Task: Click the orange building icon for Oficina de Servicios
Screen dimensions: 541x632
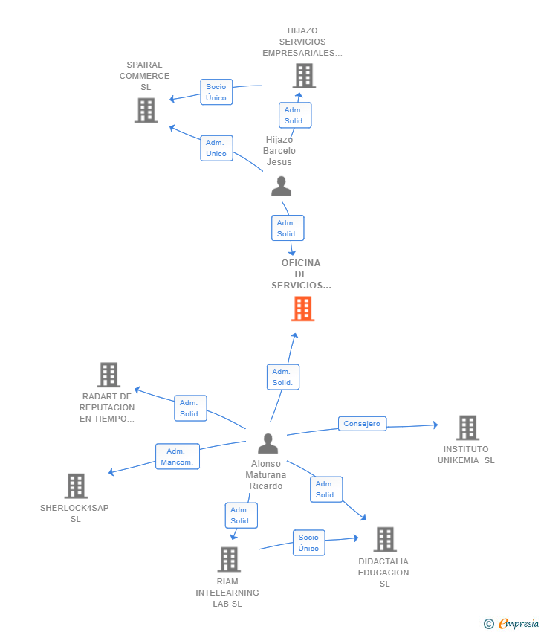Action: [302, 309]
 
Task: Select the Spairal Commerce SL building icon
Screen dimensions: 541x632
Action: [146, 110]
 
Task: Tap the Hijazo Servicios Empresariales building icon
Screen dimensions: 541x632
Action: [304, 76]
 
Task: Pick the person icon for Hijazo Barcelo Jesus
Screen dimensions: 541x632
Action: [281, 186]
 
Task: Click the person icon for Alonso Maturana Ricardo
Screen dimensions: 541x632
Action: [268, 443]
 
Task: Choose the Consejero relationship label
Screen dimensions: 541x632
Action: [362, 424]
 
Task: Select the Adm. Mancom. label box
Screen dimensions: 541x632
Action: [178, 457]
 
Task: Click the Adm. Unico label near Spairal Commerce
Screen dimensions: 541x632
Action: [216, 148]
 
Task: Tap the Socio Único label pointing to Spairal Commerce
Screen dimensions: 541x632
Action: [216, 92]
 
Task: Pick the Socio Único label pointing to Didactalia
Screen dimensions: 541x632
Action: [308, 543]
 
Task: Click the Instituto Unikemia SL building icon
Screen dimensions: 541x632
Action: [467, 428]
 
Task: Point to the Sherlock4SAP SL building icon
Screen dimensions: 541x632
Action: [76, 486]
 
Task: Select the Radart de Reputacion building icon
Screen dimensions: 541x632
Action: [108, 375]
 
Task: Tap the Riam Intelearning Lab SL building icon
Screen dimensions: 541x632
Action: [229, 559]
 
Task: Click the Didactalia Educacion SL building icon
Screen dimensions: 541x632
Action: [385, 539]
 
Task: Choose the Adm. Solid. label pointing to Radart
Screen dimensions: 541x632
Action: [190, 408]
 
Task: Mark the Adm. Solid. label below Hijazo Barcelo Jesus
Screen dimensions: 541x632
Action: [288, 228]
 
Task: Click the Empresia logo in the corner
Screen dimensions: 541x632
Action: [511, 624]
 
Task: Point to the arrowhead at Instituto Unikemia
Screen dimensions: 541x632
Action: [435, 425]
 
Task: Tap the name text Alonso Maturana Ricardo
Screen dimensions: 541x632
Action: [266, 475]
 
